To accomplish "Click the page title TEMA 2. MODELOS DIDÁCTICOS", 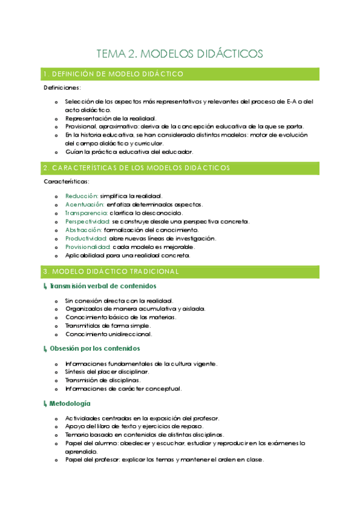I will [x=180, y=54].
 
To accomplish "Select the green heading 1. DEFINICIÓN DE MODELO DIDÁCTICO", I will [x=114, y=74].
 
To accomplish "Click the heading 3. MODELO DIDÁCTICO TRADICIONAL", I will [x=111, y=271].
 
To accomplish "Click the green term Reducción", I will [x=82, y=196].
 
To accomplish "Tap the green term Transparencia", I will [x=87, y=213].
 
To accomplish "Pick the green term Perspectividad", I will [x=88, y=221].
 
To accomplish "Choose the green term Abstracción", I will [x=84, y=230].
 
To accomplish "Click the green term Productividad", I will [x=87, y=238].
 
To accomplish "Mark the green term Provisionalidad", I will [x=88, y=247].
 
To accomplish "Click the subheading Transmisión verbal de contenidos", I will [x=103, y=286].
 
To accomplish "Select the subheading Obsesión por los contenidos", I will [x=95, y=348].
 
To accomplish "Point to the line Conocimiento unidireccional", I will [x=108, y=334].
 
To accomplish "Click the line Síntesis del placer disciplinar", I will [x=107, y=372].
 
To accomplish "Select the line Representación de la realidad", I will [x=111, y=118].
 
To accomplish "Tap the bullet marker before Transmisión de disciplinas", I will [x=56, y=380].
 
